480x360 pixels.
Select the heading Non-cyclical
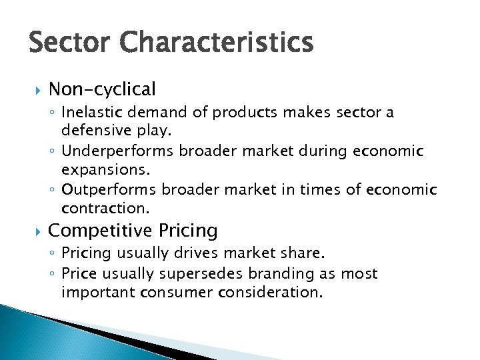point(102,89)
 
